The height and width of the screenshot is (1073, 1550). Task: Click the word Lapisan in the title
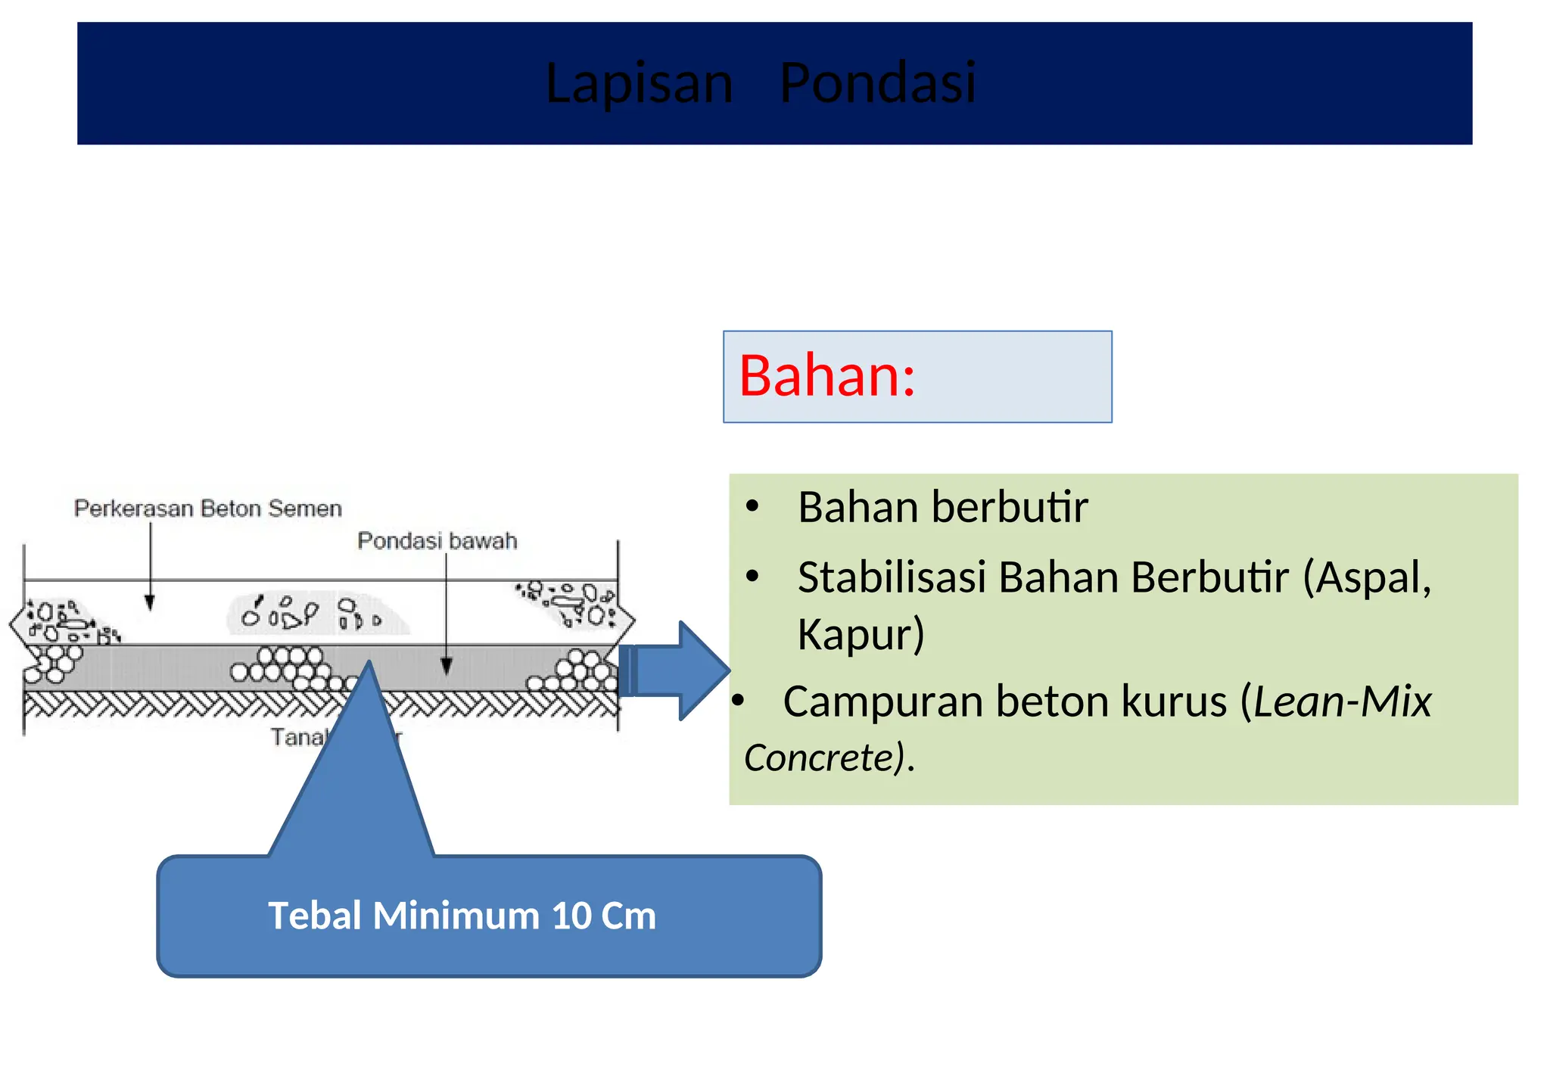click(x=640, y=83)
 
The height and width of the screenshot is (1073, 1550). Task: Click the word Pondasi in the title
click(x=878, y=83)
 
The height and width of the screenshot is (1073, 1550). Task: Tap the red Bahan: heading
click(x=826, y=376)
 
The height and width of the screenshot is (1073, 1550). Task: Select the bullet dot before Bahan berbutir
click(x=752, y=508)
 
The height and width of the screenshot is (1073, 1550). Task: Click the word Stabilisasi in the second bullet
click(x=891, y=578)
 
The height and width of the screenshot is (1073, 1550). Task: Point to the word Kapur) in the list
click(x=861, y=634)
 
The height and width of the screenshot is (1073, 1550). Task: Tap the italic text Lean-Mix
click(x=1343, y=702)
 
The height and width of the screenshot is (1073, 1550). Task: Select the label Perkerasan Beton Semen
click(x=208, y=509)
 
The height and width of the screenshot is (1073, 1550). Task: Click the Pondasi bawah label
click(x=437, y=541)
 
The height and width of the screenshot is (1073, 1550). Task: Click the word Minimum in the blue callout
click(x=456, y=916)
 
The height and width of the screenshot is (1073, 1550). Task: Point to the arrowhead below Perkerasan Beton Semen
click(x=150, y=602)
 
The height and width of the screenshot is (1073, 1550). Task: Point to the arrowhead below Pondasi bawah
click(x=447, y=666)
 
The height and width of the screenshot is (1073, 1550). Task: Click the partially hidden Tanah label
click(x=297, y=736)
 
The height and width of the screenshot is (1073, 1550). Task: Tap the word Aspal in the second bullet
click(x=1368, y=578)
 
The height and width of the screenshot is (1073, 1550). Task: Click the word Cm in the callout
click(x=628, y=916)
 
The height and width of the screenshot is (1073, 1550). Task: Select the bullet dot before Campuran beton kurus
click(x=738, y=702)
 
